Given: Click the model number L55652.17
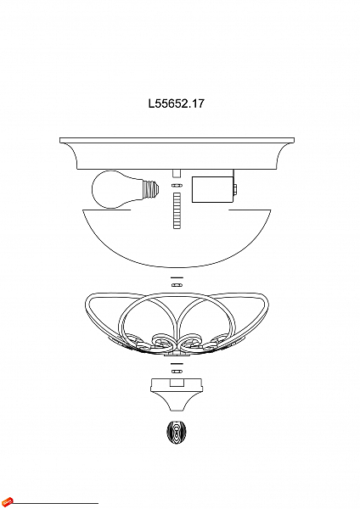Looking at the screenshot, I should tap(177, 104).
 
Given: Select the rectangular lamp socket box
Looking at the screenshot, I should tap(211, 188).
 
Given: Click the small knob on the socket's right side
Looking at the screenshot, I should tap(235, 188).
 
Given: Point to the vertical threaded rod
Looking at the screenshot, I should tap(177, 210).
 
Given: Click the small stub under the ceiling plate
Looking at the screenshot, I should tap(177, 173).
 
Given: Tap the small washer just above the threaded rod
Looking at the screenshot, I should tap(177, 185).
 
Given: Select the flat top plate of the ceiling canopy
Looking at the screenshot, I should tap(177, 138).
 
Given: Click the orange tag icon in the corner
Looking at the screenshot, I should tap(8, 501).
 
